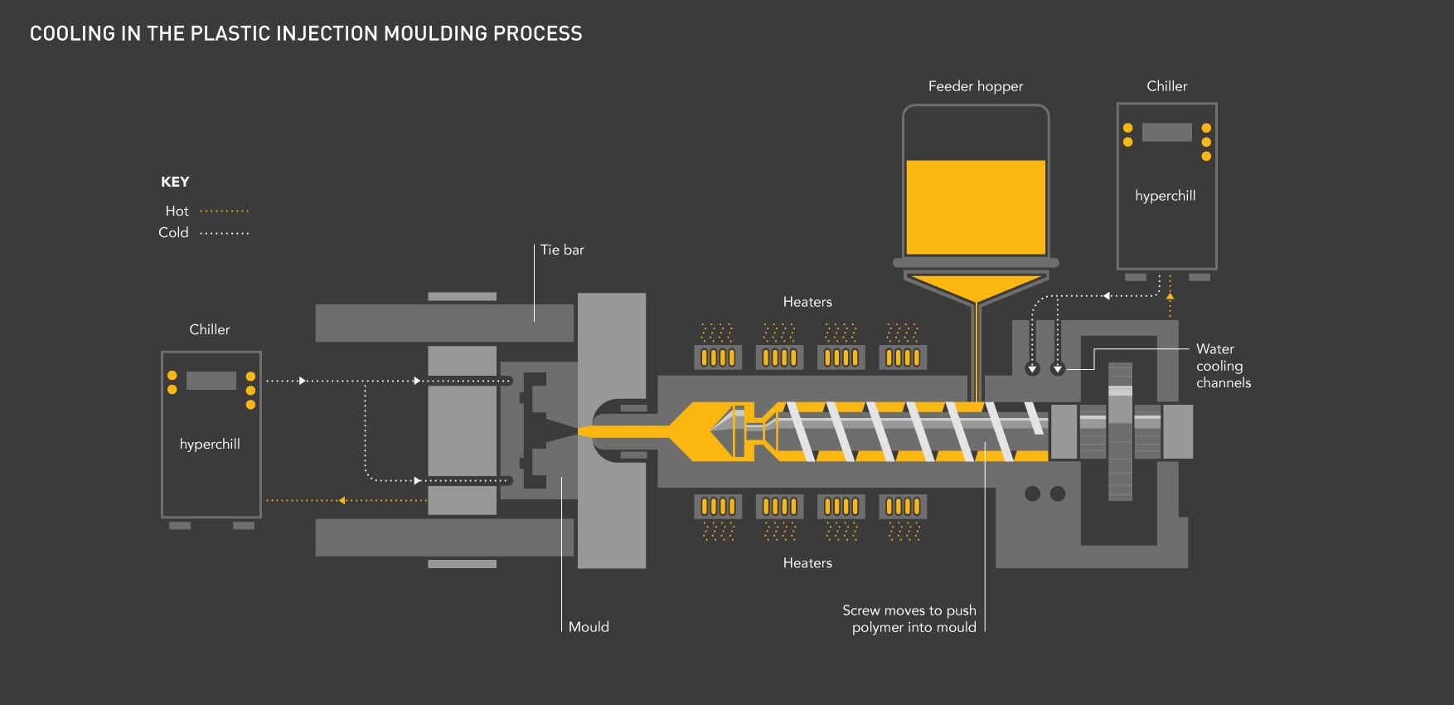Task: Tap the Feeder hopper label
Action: point(975,86)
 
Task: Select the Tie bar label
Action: point(562,250)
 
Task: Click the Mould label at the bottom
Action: point(589,627)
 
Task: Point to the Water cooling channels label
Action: point(1223,366)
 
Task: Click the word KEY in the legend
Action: point(175,182)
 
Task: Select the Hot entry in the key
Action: point(177,211)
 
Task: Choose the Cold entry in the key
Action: point(173,233)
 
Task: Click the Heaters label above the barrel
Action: point(807,302)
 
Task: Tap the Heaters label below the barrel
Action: point(807,563)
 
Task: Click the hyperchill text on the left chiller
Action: point(210,445)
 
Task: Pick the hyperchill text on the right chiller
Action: point(1166,196)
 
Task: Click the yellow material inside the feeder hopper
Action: point(976,207)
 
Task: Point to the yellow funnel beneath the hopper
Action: point(977,286)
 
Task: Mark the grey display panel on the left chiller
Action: point(211,381)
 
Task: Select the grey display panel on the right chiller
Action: point(1166,132)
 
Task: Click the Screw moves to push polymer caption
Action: point(909,619)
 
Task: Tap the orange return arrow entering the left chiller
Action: point(341,500)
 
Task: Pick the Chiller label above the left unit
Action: point(210,329)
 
